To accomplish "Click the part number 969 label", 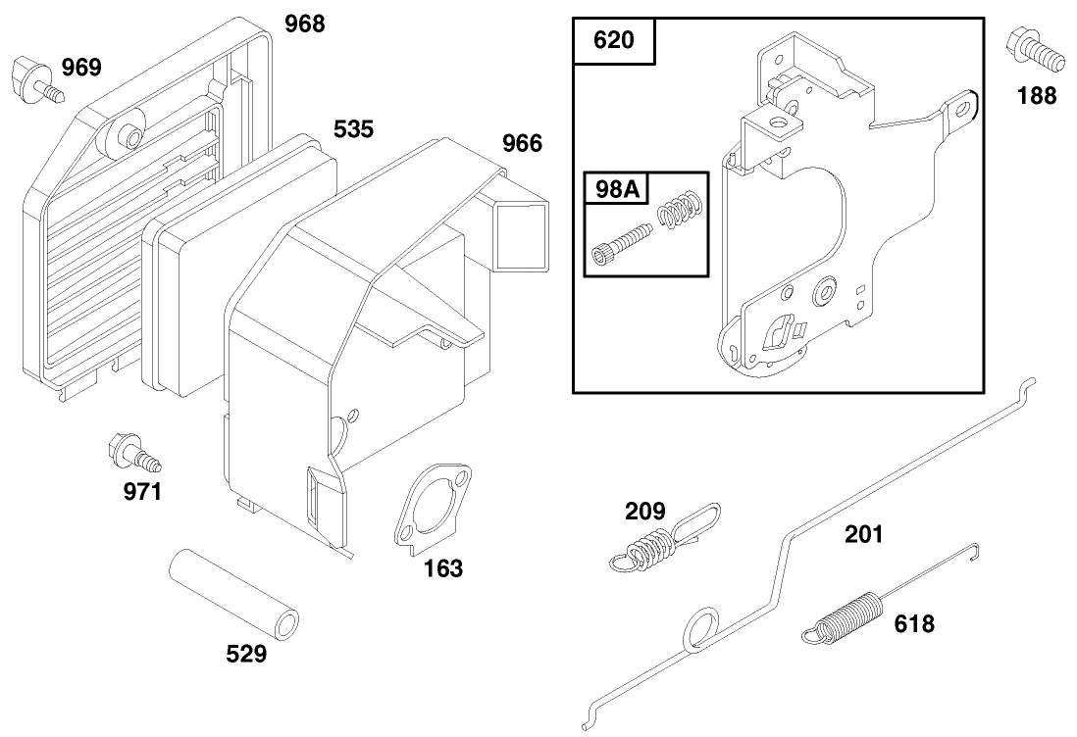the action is (x=81, y=68).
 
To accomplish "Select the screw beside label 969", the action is (x=35, y=80).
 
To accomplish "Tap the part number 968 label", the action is (x=304, y=25).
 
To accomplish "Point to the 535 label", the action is (x=354, y=129).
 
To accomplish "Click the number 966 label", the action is (x=522, y=143).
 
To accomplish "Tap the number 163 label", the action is (x=443, y=568).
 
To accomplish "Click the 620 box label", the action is (x=613, y=40).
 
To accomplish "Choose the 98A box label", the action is (x=618, y=189).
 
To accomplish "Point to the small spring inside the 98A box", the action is (x=680, y=210).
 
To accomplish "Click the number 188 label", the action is (x=1037, y=95).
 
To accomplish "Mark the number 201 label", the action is (x=864, y=534).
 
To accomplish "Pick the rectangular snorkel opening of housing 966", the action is (x=523, y=234).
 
